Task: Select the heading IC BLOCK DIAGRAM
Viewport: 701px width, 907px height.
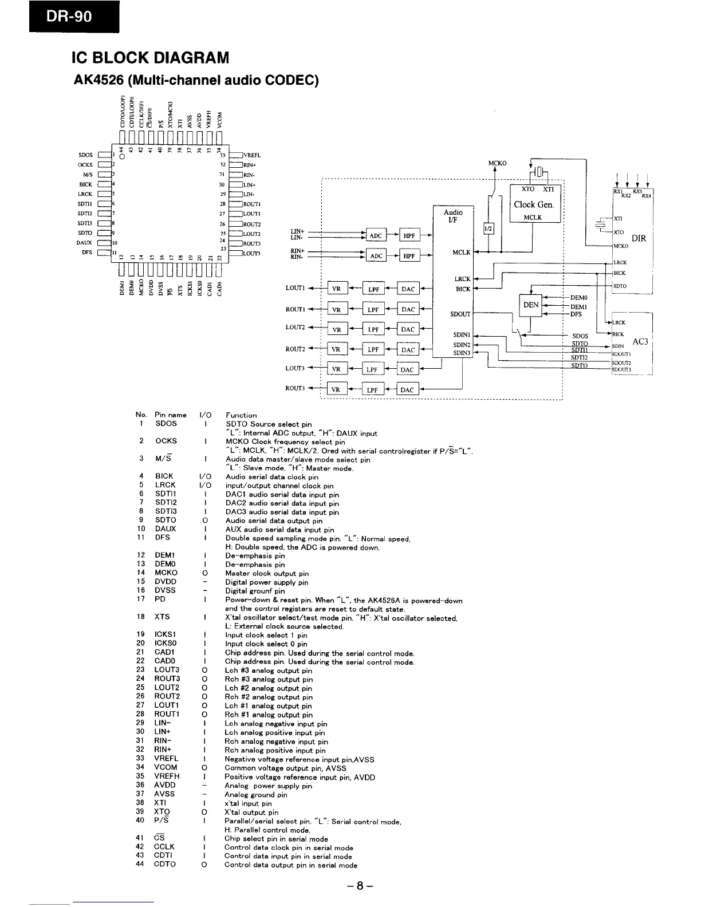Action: pos(150,58)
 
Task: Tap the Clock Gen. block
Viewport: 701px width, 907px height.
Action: pos(534,204)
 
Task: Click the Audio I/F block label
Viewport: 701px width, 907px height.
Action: pos(453,215)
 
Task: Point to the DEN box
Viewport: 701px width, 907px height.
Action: pos(531,305)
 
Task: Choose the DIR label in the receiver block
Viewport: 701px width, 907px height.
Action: pos(639,238)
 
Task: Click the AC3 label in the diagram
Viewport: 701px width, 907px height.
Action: pos(640,342)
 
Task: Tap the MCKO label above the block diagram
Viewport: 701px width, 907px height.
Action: pos(497,163)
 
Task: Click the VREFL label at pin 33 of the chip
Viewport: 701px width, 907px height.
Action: pos(252,155)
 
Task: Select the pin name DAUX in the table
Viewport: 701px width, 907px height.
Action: pos(166,529)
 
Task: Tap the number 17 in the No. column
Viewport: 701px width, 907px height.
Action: pos(141,599)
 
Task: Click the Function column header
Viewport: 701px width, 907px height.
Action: pos(241,415)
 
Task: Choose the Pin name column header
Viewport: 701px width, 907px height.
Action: pos(171,415)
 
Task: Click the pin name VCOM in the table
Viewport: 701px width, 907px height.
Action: pos(166,767)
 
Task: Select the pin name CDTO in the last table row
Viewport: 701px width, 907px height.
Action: pos(165,864)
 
